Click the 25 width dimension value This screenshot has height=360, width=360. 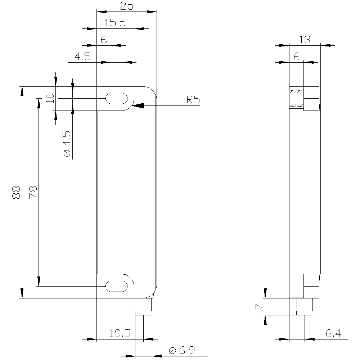point(127,6)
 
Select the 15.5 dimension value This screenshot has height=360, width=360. point(115,23)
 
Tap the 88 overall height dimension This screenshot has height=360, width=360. point(15,193)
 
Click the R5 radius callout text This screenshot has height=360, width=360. point(193,100)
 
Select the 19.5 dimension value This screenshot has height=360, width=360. point(120,333)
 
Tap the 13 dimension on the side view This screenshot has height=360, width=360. point(305,40)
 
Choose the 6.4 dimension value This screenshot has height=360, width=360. point(333,334)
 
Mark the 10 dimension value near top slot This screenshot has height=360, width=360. point(50,98)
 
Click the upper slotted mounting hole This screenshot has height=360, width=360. point(116,98)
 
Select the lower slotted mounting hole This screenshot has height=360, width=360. point(116,286)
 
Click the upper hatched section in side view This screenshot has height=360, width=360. point(297,92)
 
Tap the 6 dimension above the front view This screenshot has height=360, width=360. point(104,40)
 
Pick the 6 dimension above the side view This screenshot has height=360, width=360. point(296,57)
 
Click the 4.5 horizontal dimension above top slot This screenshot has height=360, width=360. point(82,57)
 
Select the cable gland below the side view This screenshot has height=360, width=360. point(305,306)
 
